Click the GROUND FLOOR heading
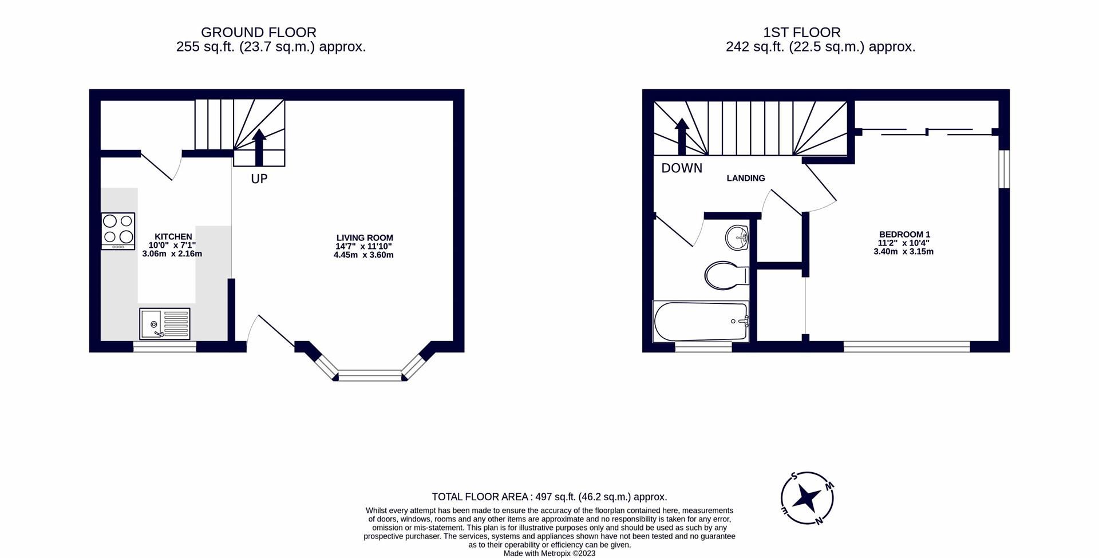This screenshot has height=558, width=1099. [258, 33]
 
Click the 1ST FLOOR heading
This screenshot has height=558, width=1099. [801, 33]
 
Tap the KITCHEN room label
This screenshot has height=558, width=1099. [173, 236]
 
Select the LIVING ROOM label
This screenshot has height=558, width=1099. [365, 238]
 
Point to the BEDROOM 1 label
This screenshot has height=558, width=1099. [904, 234]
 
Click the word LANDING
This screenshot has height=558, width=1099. [745, 178]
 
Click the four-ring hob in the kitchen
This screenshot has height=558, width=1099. [118, 231]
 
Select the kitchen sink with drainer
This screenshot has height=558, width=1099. [164, 323]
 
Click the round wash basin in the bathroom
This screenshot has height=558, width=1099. [737, 238]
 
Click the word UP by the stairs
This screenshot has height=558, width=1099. [259, 179]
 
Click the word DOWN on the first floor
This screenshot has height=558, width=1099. [681, 168]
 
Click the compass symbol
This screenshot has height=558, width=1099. [807, 498]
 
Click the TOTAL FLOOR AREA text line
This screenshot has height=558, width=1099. [549, 497]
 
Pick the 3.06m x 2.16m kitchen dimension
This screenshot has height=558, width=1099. [172, 254]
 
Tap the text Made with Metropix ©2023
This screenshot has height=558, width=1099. [549, 553]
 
